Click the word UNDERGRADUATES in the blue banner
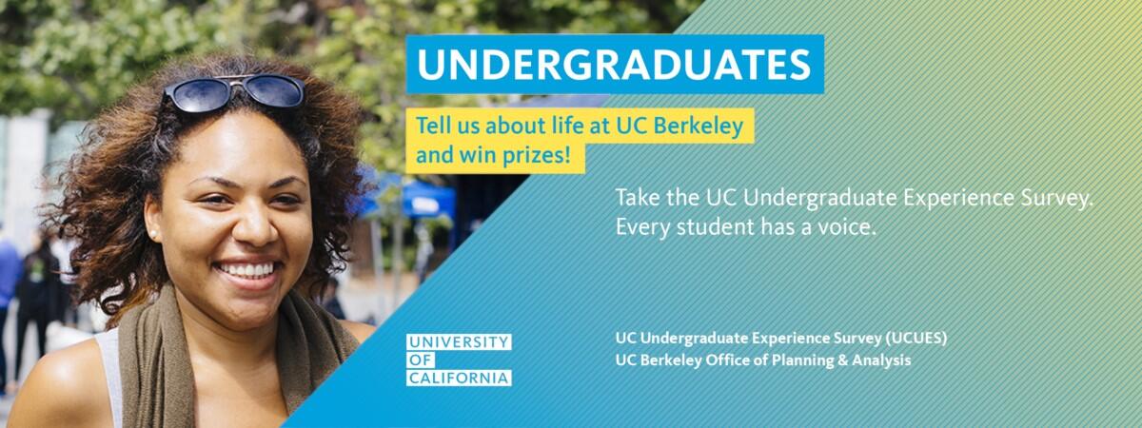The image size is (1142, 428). (614, 65)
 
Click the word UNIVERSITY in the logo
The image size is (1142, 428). (459, 341)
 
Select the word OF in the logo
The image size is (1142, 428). (421, 360)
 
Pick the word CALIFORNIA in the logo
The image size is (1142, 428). (459, 379)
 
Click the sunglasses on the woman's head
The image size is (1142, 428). (234, 92)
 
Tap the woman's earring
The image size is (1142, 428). (153, 234)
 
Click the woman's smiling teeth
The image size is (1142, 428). (247, 269)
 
